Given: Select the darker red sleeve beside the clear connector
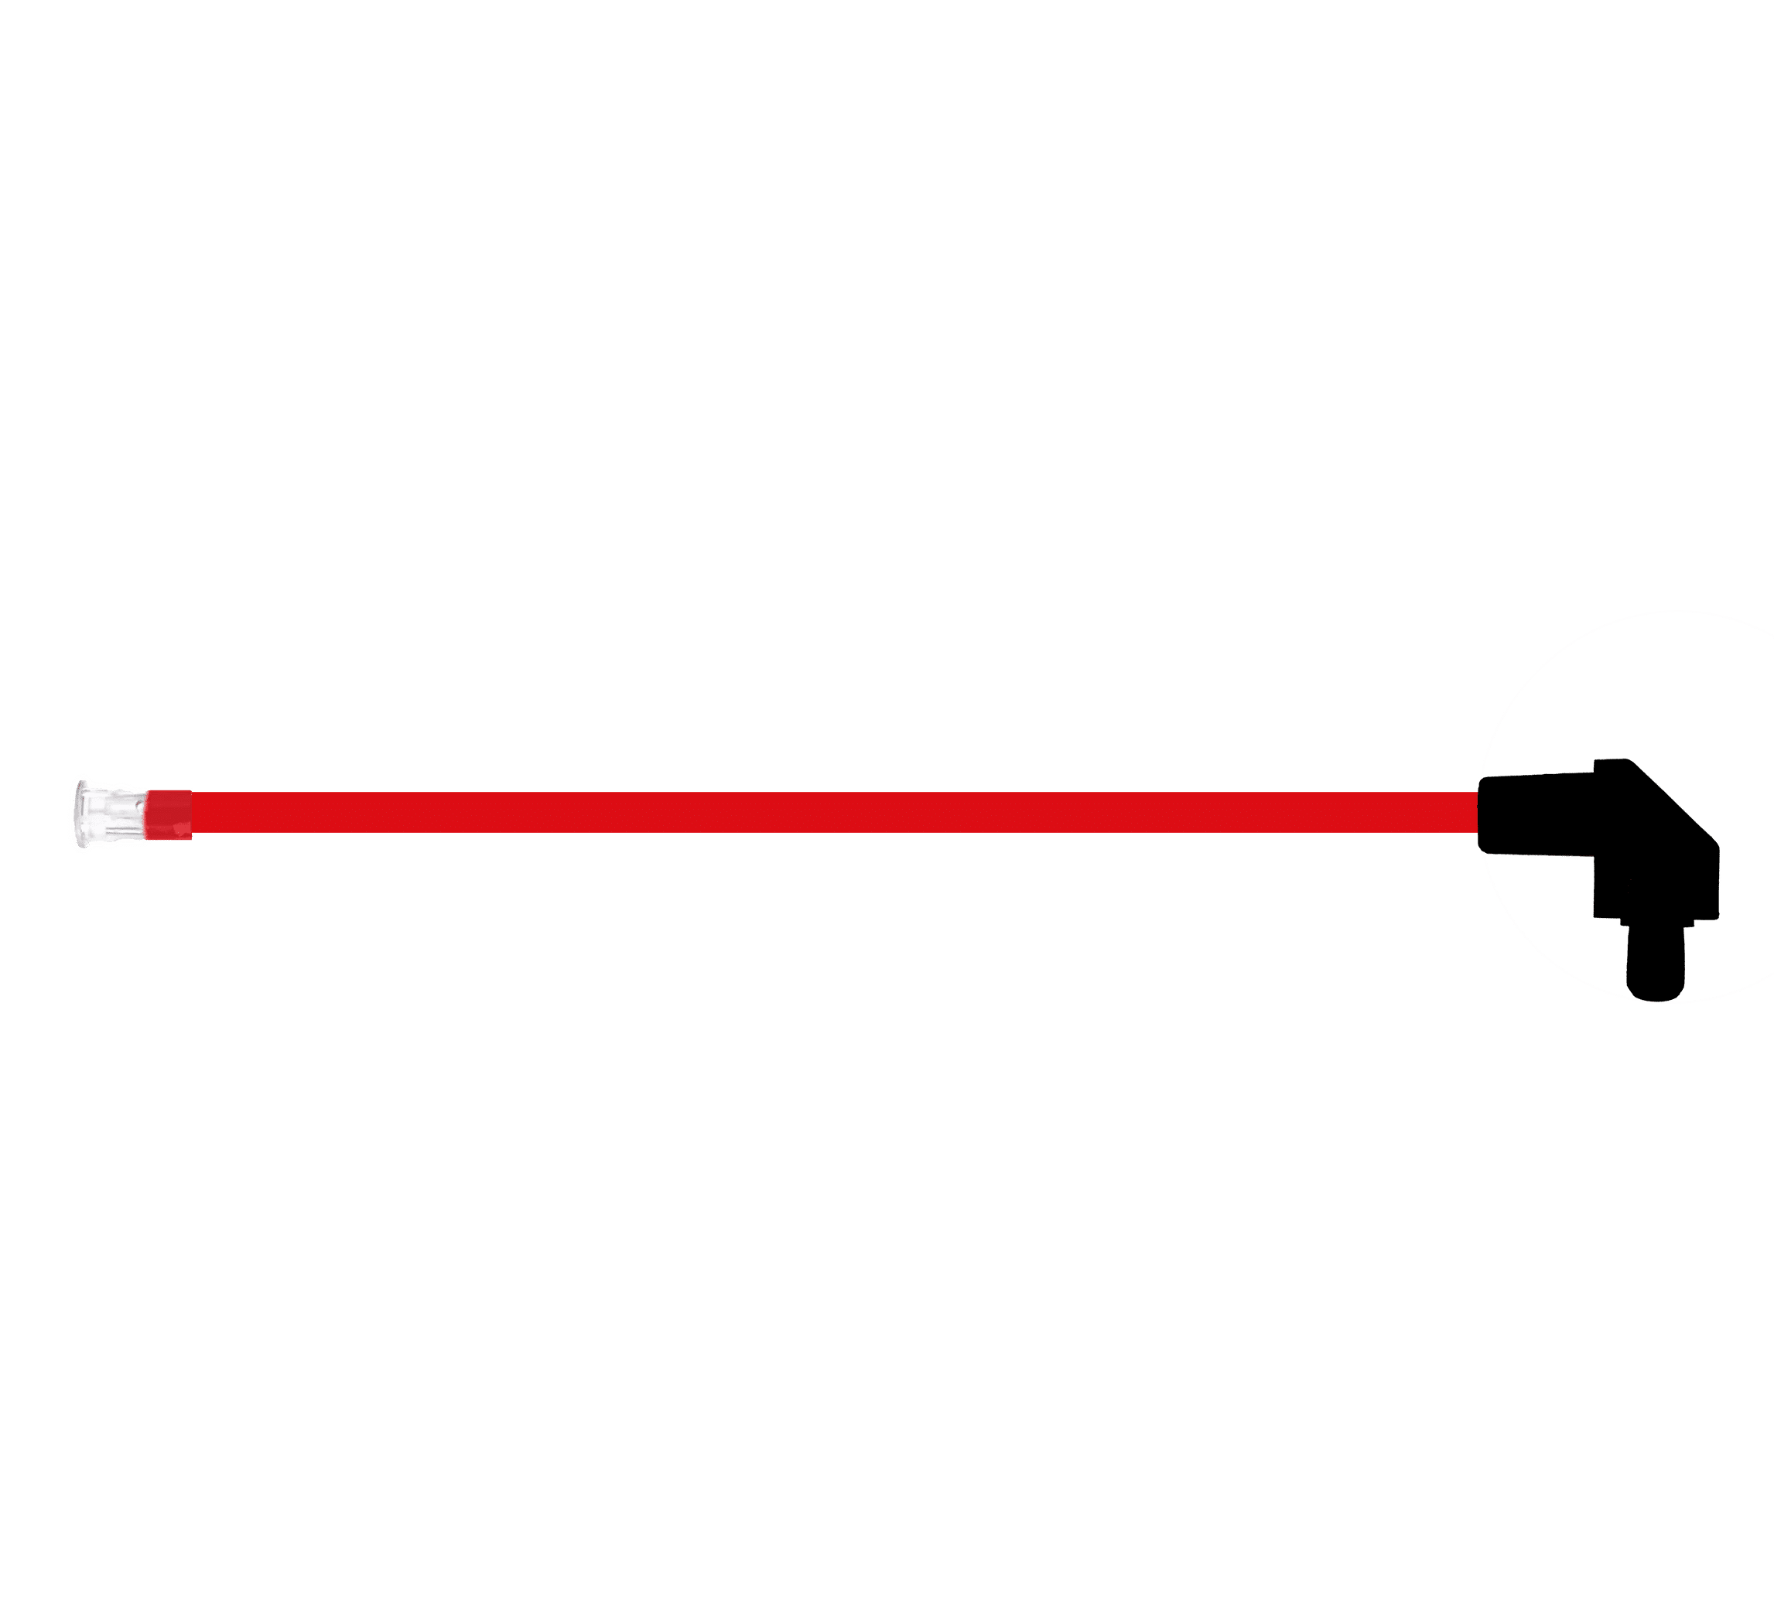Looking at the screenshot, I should (x=169, y=813).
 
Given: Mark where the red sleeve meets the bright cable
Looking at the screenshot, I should (x=191, y=813).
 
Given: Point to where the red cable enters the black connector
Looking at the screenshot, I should (x=1479, y=812).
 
